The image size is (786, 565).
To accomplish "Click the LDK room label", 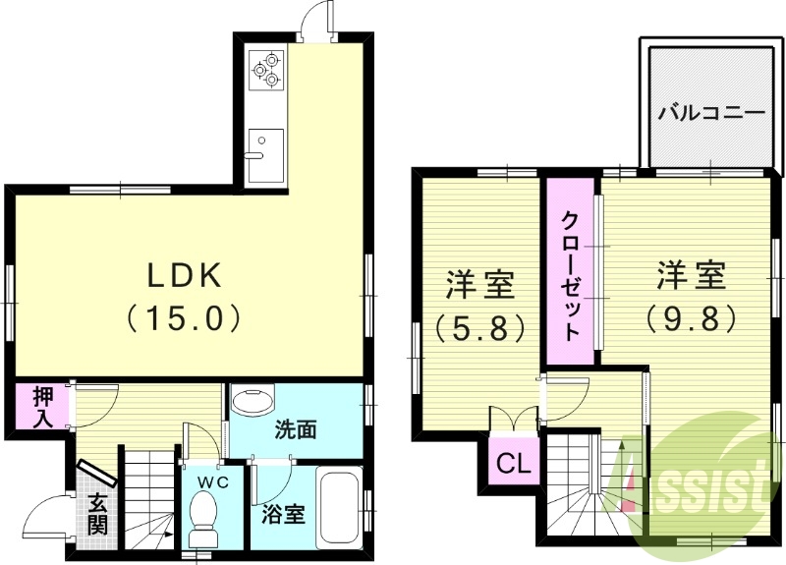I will coord(188,276).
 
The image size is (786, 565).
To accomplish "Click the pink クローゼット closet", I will coord(570,274).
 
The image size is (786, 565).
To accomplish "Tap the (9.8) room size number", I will coord(693,316).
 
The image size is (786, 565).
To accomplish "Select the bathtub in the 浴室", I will coord(340,509).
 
